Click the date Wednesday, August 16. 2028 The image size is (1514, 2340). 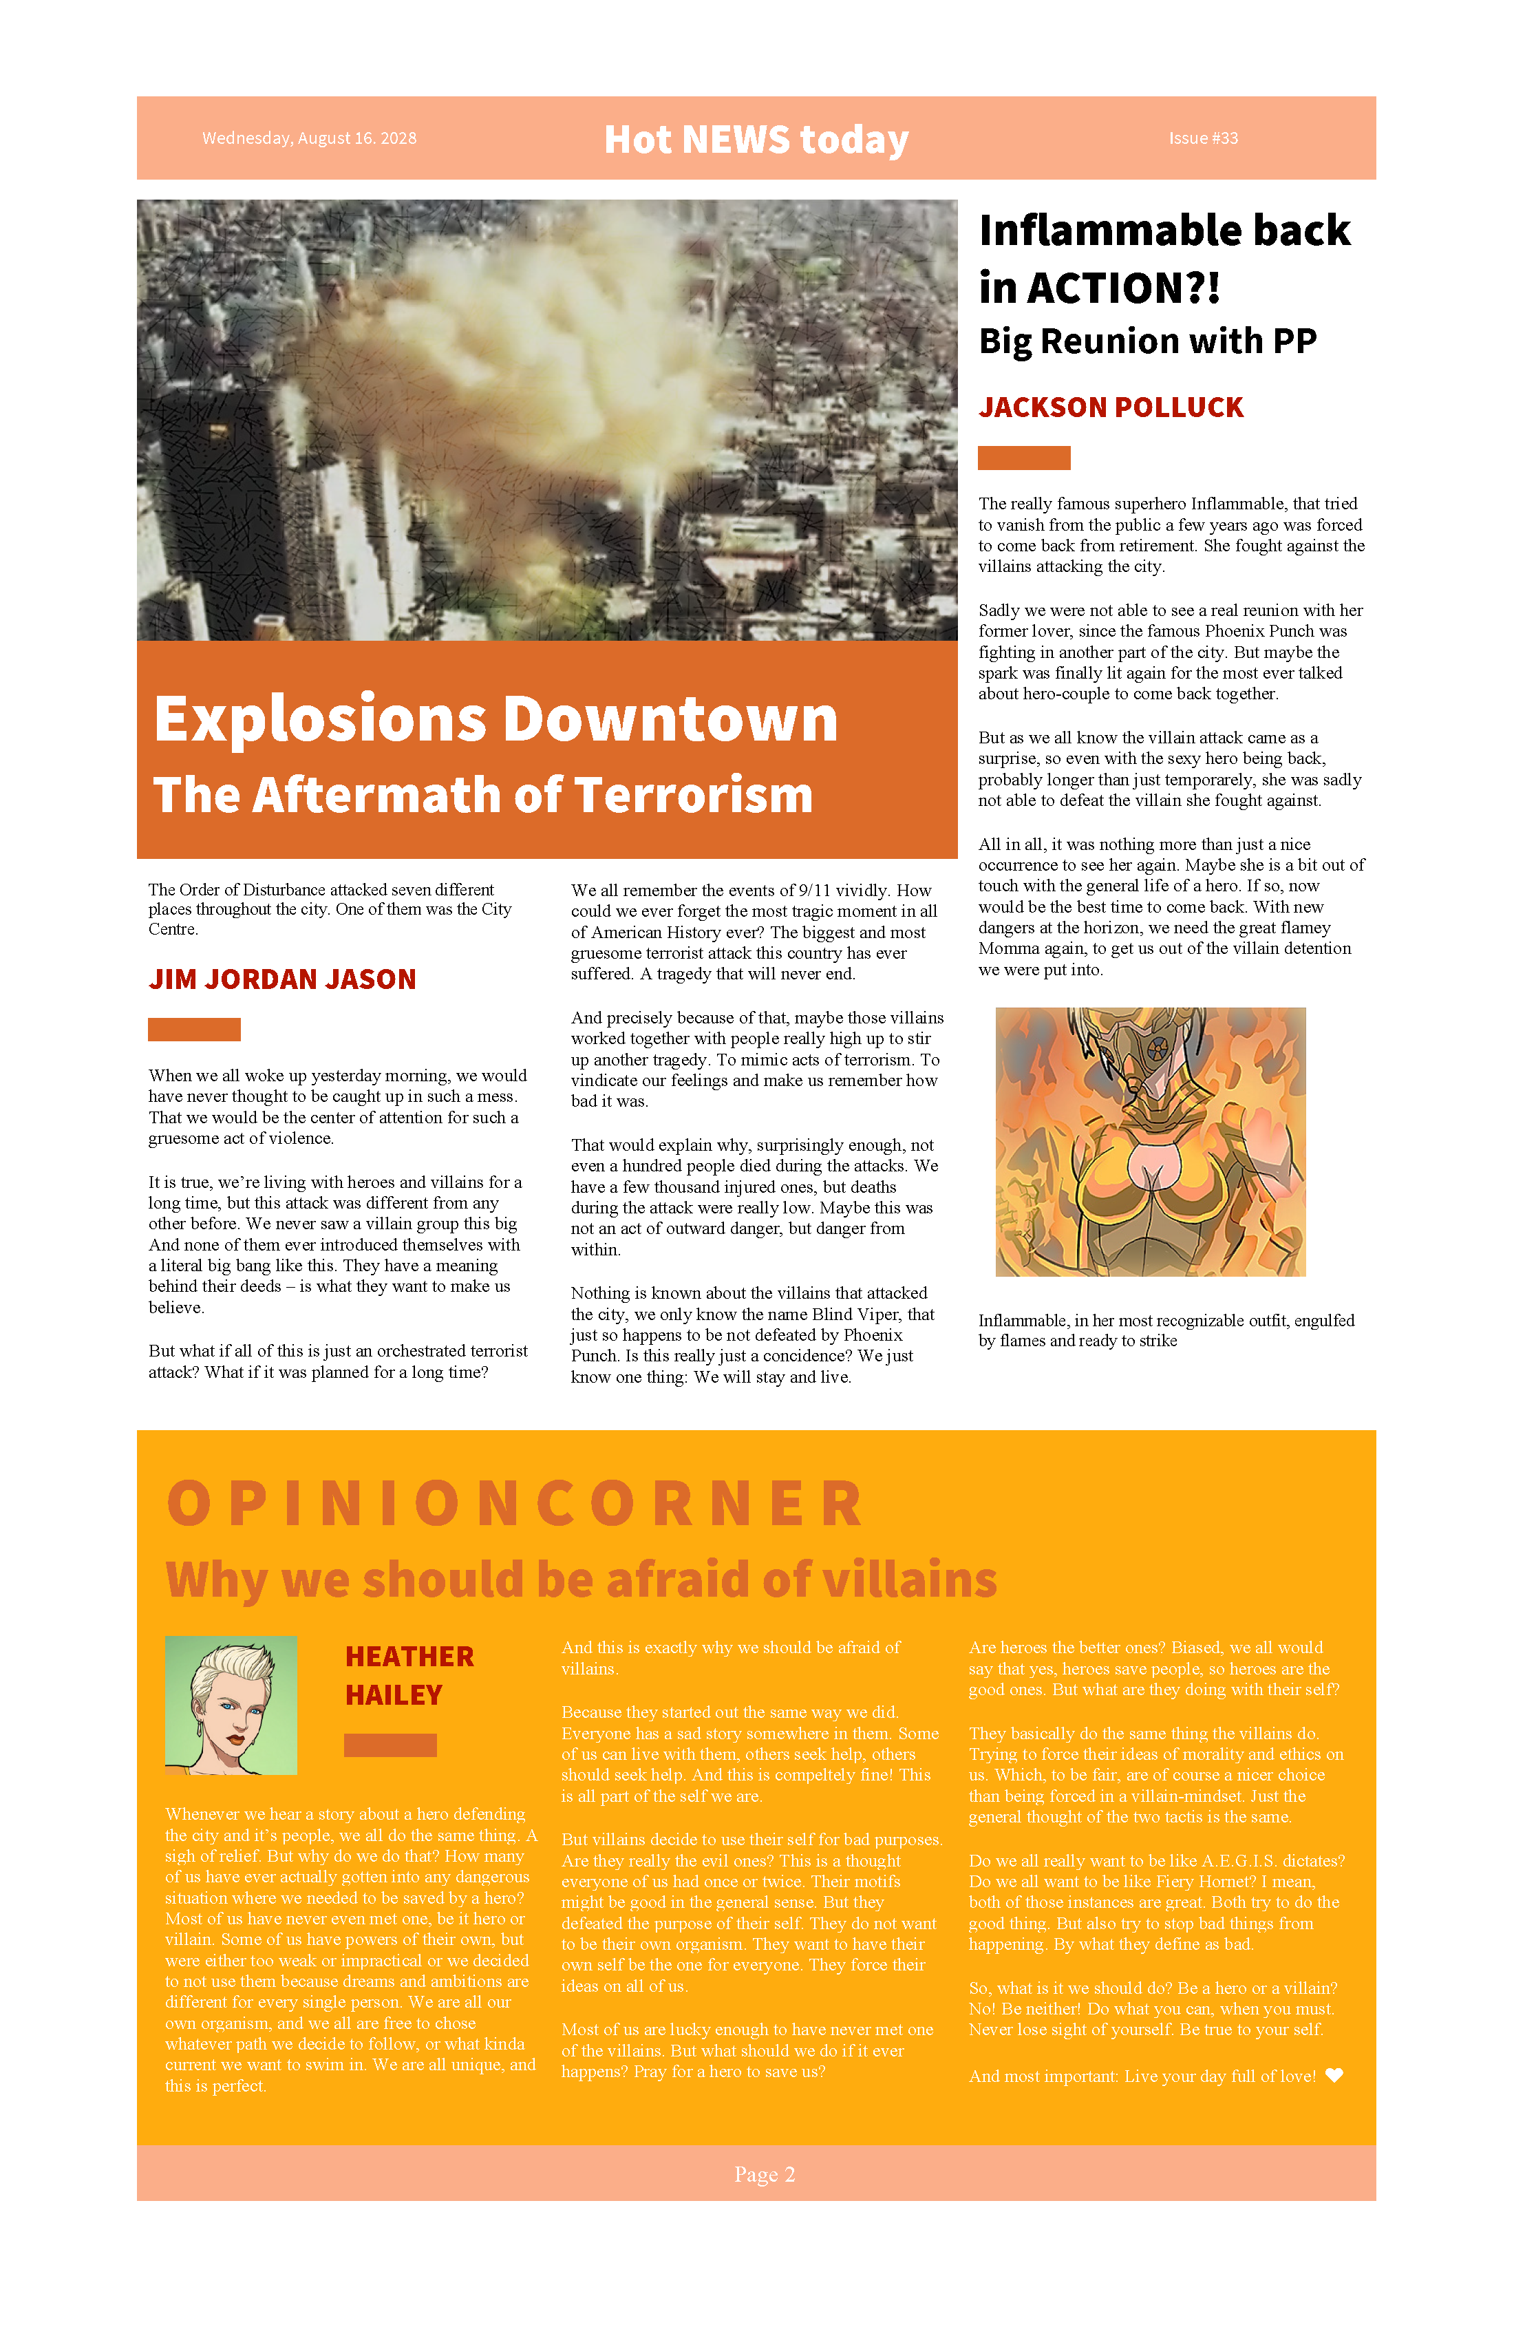[x=309, y=138]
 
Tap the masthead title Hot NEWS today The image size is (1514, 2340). [x=756, y=140]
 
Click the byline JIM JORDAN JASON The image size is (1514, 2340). [x=282, y=979]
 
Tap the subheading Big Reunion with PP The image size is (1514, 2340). [x=1147, y=341]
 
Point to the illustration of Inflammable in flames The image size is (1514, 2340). [x=1150, y=1142]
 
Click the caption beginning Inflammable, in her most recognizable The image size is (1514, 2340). [x=1166, y=1330]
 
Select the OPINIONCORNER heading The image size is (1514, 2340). [x=515, y=1505]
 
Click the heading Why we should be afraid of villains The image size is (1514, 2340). [x=581, y=1581]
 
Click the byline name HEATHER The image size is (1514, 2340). [x=409, y=1657]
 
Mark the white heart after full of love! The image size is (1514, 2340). [x=1334, y=2076]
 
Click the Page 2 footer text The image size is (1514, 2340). [x=764, y=2175]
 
